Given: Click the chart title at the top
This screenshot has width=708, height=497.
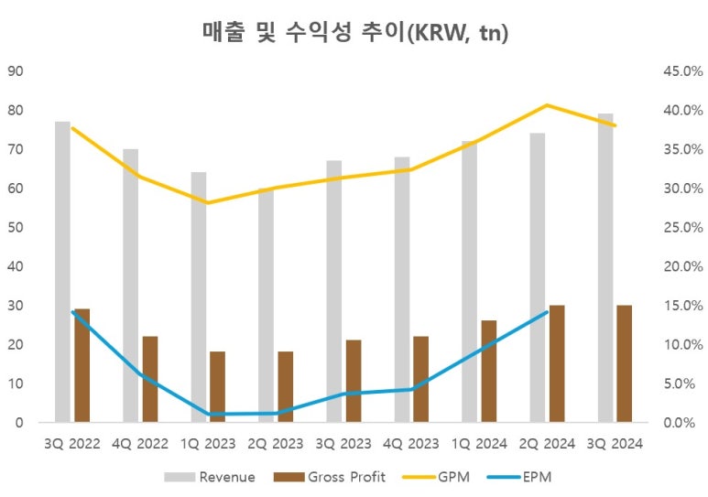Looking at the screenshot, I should coord(354,33).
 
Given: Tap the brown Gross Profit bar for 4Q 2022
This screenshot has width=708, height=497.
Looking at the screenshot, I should coord(150,379).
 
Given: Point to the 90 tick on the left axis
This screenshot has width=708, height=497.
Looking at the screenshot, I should coord(16,71).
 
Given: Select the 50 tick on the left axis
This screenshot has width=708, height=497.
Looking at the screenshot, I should coord(16,228).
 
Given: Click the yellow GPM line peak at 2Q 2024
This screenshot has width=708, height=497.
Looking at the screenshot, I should coord(547,105).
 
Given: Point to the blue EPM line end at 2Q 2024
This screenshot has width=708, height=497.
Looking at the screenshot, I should coord(547,312).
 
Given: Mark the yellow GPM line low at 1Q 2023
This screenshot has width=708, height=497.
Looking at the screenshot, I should coord(208,203).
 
